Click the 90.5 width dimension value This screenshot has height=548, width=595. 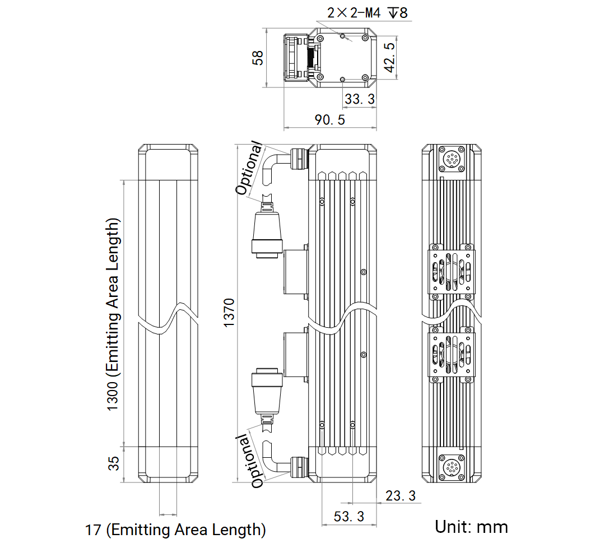pyautogui.click(x=330, y=120)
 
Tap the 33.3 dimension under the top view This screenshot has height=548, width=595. pyautogui.click(x=359, y=99)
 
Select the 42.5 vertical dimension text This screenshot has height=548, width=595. pyautogui.click(x=390, y=57)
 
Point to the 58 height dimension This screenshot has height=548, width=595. pyautogui.click(x=258, y=58)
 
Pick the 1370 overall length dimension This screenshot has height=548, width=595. pyautogui.click(x=229, y=313)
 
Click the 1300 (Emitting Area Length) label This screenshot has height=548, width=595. pyautogui.click(x=113, y=314)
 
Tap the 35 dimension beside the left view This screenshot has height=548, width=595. pyautogui.click(x=114, y=463)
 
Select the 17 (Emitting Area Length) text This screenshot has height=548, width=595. pyautogui.click(x=175, y=530)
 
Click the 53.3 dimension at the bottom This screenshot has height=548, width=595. pyautogui.click(x=348, y=516)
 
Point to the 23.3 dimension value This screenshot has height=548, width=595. pyautogui.click(x=401, y=496)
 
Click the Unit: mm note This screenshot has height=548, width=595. pyautogui.click(x=471, y=527)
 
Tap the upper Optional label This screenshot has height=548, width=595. pyautogui.click(x=249, y=168)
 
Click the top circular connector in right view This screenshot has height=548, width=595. pyautogui.click(x=452, y=159)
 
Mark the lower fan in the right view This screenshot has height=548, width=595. pyautogui.click(x=451, y=354)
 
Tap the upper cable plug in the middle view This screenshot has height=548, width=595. pyautogui.click(x=267, y=231)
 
